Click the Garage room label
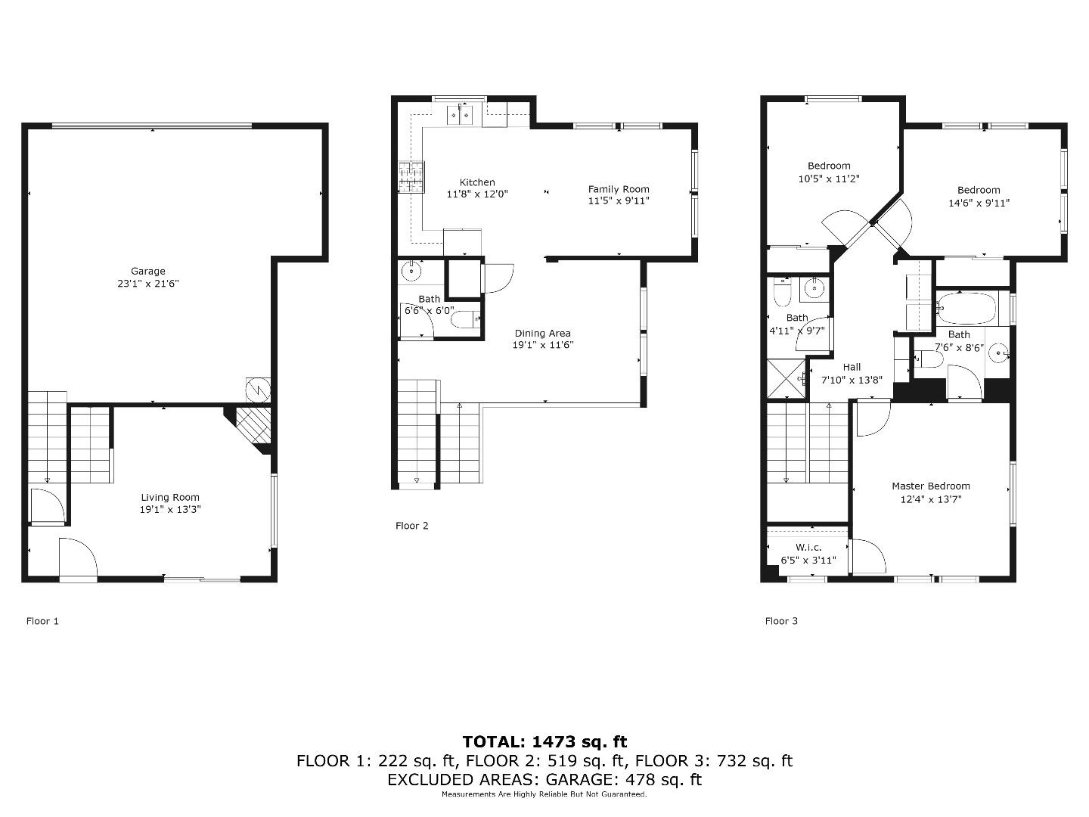pos(147,271)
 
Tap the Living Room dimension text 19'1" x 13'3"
pos(170,510)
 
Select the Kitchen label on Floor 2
pos(477,182)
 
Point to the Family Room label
pos(619,189)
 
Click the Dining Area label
pos(542,333)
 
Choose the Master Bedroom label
pos(930,486)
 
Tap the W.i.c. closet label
pos(808,548)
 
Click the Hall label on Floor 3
pos(852,367)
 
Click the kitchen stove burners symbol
pos(411,178)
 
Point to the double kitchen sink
pos(460,114)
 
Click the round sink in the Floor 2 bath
pos(412,270)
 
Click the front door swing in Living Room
pos(78,559)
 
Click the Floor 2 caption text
pos(411,526)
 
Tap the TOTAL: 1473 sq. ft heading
pos(544,741)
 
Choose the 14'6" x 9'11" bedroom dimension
pos(979,203)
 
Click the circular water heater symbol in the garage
pos(258,390)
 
